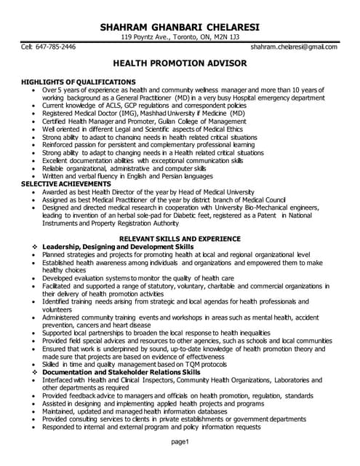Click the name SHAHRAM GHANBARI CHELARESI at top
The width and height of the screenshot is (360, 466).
click(x=179, y=27)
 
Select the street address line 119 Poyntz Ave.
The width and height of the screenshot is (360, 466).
click(x=179, y=37)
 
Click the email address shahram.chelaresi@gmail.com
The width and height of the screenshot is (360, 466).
click(x=294, y=47)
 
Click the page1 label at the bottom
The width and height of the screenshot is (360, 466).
click(x=180, y=442)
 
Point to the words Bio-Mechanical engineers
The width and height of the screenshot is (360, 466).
click(x=281, y=208)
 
